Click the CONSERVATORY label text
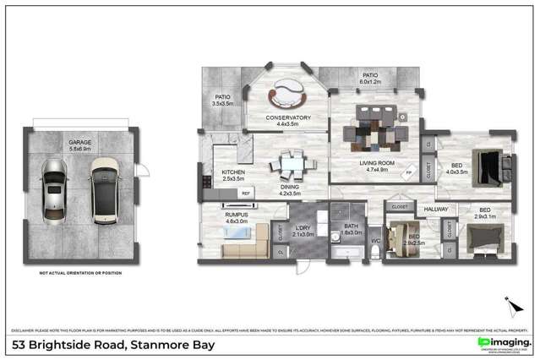pos(288,117)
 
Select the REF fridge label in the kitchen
pos(246,194)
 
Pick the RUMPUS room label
pos(236,215)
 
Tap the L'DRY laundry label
pos(302,228)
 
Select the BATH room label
pos(349,226)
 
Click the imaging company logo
pos(504,341)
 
